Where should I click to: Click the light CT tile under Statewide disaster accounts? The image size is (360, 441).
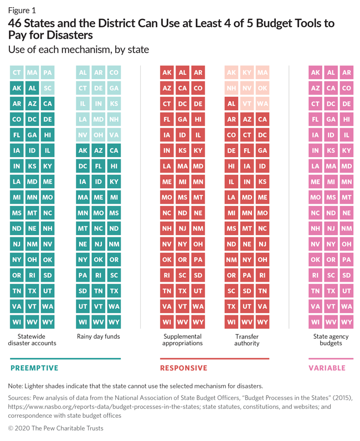tap(17, 72)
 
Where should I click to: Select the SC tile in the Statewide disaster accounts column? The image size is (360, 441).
tap(48, 88)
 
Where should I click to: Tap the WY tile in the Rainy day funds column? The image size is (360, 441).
tap(114, 321)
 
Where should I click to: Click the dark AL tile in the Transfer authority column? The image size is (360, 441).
tap(232, 103)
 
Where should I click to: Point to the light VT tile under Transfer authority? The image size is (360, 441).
tap(247, 103)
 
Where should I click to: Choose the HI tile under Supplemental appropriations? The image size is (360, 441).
tap(198, 119)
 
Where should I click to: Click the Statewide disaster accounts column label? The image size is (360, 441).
tap(32, 340)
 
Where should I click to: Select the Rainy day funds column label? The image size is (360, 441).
tap(99, 336)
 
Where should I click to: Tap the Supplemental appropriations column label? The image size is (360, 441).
tap(182, 340)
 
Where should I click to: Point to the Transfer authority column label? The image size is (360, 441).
tap(247, 340)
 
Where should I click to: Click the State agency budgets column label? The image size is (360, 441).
tap(331, 340)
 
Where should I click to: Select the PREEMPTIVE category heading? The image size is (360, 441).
tap(34, 368)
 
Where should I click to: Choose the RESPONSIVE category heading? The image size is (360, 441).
tap(183, 368)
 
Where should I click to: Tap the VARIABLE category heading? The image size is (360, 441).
tap(327, 368)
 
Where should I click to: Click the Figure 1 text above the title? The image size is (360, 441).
tap(20, 10)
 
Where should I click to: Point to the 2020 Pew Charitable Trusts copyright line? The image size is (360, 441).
tap(55, 428)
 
